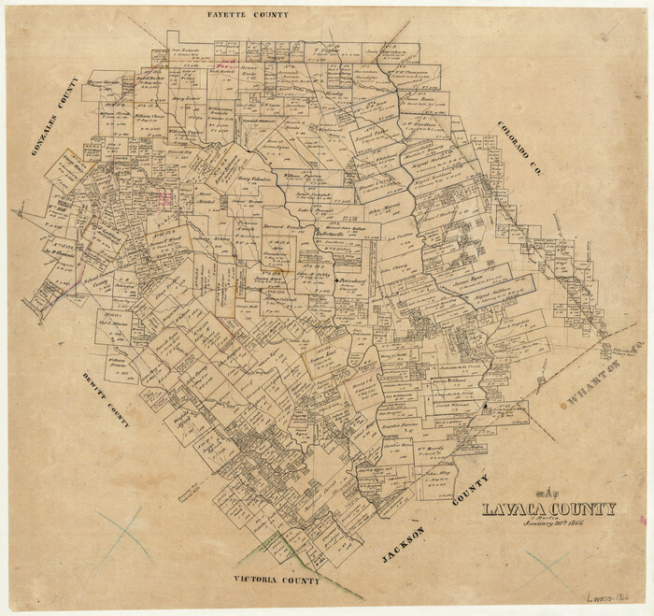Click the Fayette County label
coord(248,16)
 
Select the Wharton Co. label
coord(606,372)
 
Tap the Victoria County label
coord(277,580)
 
